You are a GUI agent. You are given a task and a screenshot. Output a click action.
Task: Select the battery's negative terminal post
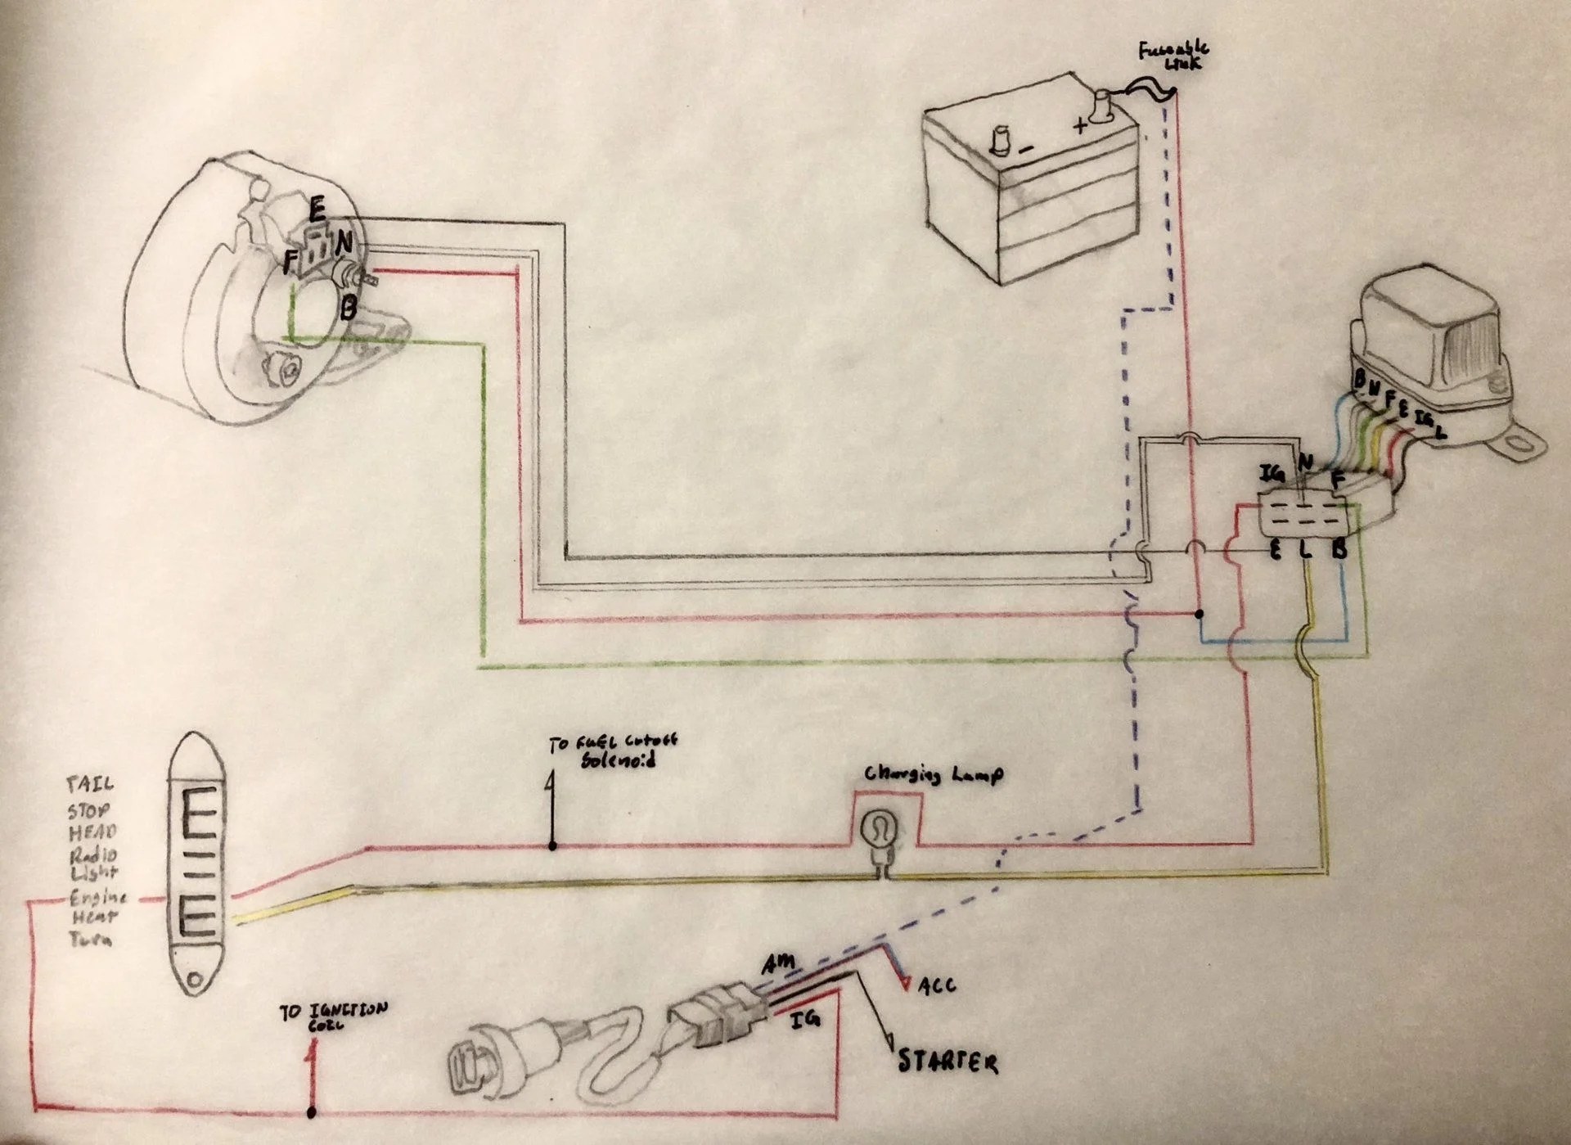click(x=1002, y=140)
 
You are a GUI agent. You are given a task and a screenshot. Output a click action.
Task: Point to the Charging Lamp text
click(x=933, y=774)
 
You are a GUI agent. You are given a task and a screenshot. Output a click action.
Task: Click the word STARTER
click(x=948, y=1062)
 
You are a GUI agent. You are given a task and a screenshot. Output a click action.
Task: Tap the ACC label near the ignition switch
click(x=936, y=986)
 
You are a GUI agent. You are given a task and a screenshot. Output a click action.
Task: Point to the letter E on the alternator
click(x=317, y=210)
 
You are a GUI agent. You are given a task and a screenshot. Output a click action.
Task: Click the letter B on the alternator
click(x=348, y=308)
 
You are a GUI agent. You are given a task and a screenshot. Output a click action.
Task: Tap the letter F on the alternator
click(x=289, y=262)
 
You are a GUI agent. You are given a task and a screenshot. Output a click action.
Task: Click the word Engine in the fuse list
click(x=98, y=896)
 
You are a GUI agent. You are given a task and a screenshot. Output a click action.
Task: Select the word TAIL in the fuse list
click(x=90, y=785)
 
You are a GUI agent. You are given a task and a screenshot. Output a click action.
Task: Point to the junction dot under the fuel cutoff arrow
click(x=552, y=845)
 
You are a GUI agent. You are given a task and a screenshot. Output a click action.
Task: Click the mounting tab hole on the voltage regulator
click(x=1523, y=444)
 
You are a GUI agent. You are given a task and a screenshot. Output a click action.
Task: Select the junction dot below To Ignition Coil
click(x=312, y=1112)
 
